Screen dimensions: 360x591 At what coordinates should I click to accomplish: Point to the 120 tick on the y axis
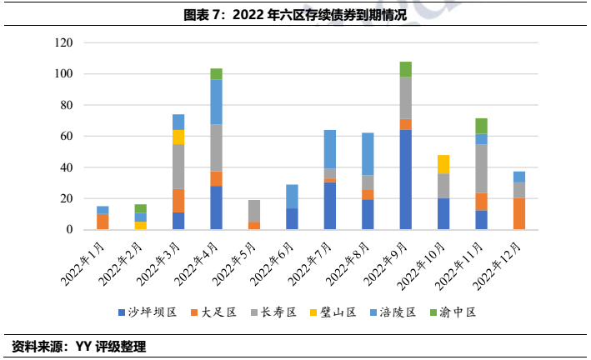64,42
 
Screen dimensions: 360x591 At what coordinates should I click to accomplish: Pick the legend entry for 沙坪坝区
153,312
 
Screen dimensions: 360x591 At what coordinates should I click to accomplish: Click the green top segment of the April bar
216,74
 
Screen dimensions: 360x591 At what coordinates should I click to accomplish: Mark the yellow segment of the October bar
443,164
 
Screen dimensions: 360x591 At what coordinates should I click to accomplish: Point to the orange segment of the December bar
519,213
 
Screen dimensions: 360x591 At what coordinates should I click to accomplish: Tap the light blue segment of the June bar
292,197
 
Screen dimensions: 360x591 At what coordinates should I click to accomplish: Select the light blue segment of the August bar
368,154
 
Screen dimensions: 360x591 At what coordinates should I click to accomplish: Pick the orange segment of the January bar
103,222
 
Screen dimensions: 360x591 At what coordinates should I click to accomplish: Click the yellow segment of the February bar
140,225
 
